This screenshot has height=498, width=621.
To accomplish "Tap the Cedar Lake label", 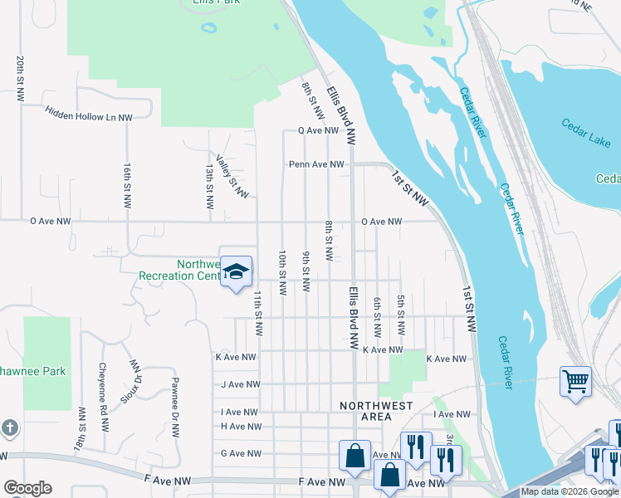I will point(586,134).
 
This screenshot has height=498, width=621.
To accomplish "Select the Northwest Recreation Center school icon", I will point(236,272).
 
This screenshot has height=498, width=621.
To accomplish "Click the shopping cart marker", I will point(575,381).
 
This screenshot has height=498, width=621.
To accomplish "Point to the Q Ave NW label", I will point(319,131).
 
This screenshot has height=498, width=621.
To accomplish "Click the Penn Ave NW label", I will point(316,164).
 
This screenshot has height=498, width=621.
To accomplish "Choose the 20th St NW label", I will point(19,79).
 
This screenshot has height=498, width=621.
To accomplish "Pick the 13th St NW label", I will point(209,185).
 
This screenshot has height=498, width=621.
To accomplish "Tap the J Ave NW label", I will point(241,384).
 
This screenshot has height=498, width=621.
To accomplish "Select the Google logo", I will point(27,488).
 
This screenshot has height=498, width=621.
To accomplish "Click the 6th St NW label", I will point(377,317).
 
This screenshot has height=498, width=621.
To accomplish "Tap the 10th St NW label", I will point(282,272).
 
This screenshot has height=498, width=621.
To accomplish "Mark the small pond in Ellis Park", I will point(208,27).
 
